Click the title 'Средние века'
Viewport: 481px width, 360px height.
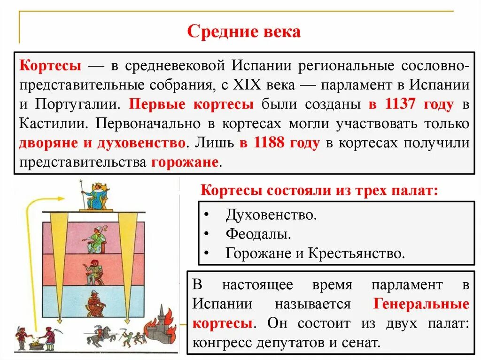pyautogui.click(x=243, y=32)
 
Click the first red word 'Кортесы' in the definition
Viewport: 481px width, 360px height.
pyautogui.click(x=51, y=65)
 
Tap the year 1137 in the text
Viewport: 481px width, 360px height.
pyautogui.click(x=400, y=104)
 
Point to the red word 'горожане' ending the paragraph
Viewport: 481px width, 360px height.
pyautogui.click(x=185, y=162)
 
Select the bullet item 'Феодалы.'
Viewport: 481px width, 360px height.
pyautogui.click(x=257, y=234)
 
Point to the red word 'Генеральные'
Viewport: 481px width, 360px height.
pyautogui.click(x=421, y=304)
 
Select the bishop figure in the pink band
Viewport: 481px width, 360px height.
pyautogui.click(x=96, y=239)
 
